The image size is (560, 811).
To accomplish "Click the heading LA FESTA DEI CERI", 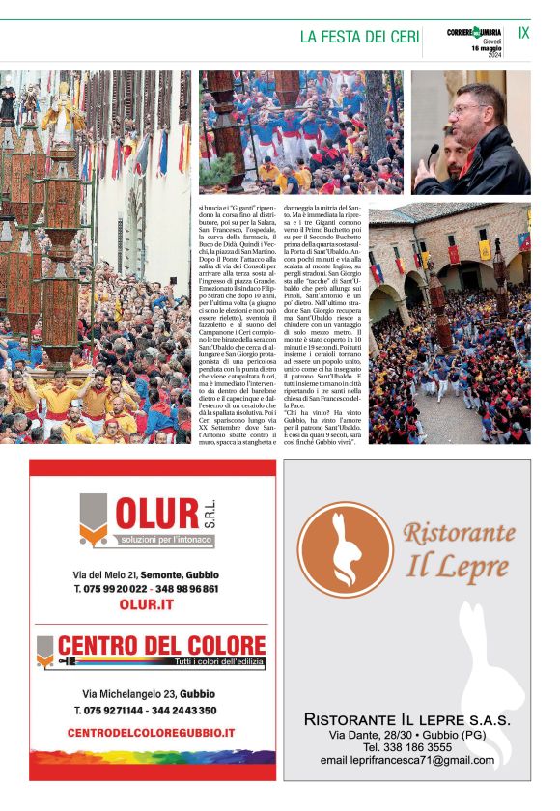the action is [x=359, y=37].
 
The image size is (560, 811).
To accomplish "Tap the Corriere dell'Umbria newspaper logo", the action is [x=475, y=33].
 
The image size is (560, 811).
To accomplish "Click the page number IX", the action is [x=523, y=33].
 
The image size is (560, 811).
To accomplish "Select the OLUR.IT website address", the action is [x=146, y=604].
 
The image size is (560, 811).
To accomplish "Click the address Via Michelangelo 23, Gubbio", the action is [x=149, y=694].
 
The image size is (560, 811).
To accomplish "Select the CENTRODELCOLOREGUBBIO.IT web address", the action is [x=152, y=733].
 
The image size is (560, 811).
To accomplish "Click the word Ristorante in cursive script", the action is [x=459, y=533].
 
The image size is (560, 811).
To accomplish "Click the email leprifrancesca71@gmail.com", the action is [x=406, y=760].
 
